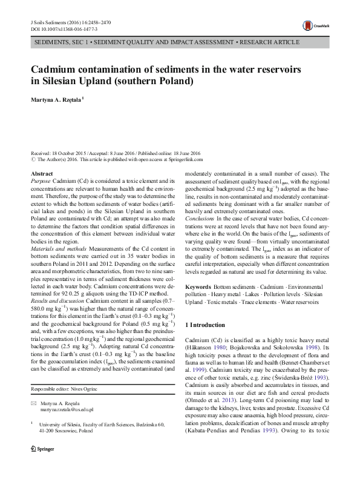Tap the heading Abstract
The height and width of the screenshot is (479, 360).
pyautogui.click(x=41, y=174)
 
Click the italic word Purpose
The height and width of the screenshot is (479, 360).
pyautogui.click(x=41, y=181)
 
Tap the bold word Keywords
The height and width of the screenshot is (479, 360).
pyautogui.click(x=198, y=286)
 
